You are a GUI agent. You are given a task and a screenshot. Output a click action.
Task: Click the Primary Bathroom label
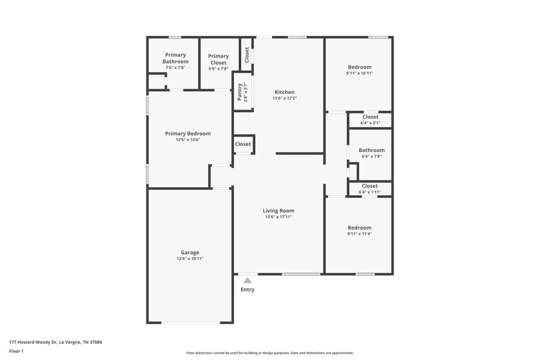coord(175,58)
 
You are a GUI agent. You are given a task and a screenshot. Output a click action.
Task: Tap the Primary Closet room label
coord(218,59)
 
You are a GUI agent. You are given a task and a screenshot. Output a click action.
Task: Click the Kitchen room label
coord(284,92)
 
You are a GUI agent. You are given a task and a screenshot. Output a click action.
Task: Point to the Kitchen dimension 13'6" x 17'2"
coord(284,99)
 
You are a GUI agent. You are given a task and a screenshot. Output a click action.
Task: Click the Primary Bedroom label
coord(188,133)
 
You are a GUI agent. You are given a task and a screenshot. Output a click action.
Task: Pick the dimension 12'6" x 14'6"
coord(188,140)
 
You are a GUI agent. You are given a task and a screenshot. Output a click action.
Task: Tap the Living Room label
coord(278,211)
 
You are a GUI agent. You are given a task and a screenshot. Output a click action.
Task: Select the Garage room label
coord(190,252)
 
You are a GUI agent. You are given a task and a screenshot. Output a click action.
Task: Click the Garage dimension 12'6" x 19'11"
coord(190,259)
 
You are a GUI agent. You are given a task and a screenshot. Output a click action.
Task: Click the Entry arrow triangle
coord(248,280)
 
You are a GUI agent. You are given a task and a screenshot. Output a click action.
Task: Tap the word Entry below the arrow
coord(248,290)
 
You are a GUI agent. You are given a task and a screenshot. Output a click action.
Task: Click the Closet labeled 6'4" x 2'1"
coord(370,120)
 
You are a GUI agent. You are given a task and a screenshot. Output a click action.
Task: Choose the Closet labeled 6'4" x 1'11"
coord(370,188)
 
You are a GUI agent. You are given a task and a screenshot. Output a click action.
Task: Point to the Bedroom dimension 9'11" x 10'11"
coord(360,73)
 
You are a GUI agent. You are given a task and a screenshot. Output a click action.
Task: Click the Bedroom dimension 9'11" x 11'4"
coord(359,234)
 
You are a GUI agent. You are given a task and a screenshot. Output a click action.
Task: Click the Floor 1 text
coord(17,351)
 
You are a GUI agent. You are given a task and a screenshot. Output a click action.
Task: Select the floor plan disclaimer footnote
coord(269,353)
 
